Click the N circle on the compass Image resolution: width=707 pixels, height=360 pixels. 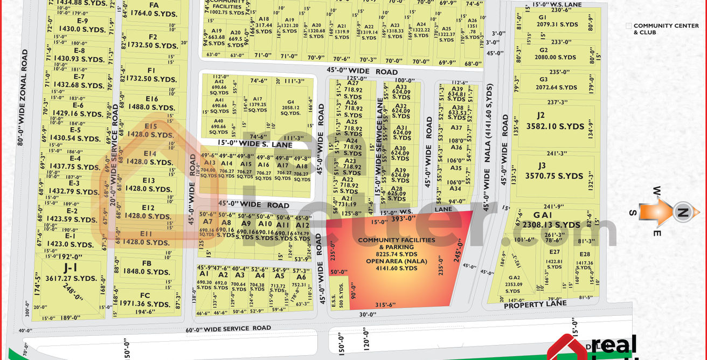coord(682,213)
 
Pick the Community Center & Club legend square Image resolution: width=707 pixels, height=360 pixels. coord(628,25)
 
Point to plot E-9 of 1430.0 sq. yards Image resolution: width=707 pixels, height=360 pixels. coord(82,25)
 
